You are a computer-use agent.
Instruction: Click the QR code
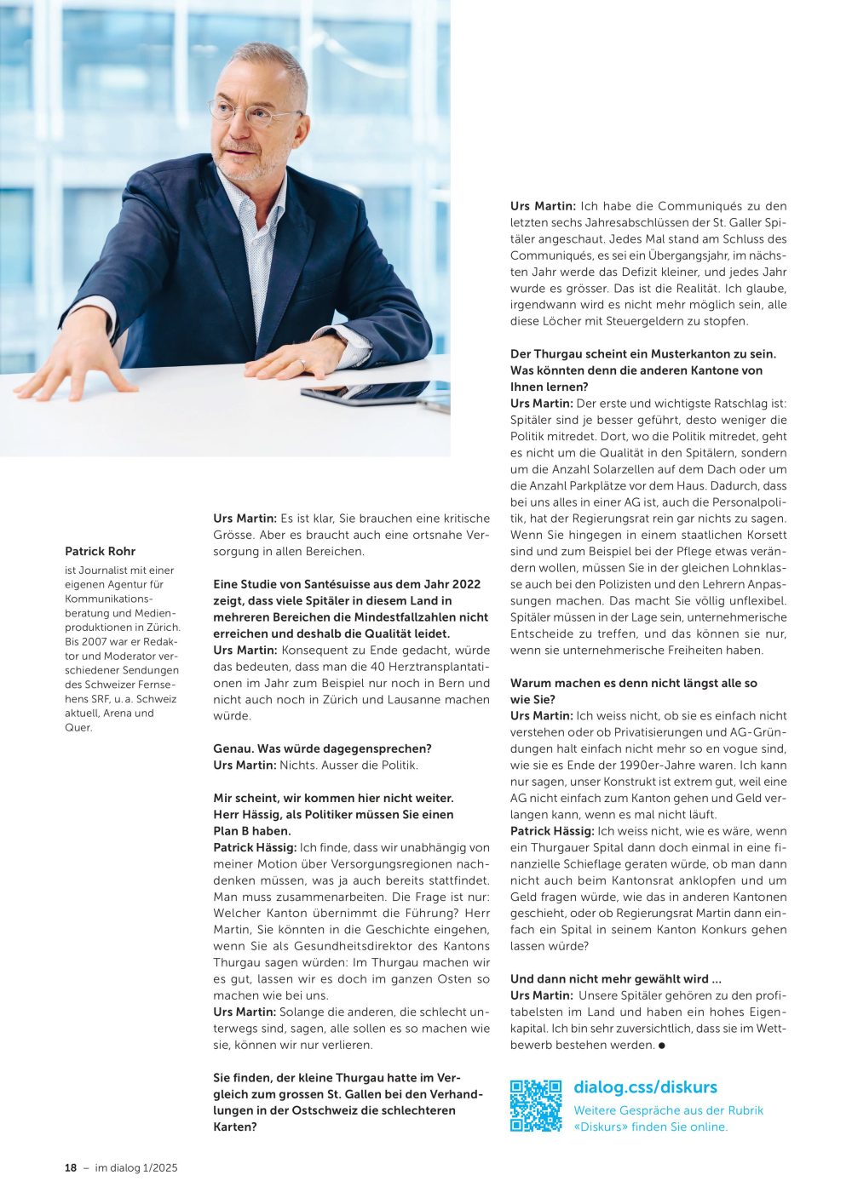(536, 1105)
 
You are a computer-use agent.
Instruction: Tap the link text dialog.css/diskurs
(645, 1087)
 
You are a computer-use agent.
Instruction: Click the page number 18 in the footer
(71, 1167)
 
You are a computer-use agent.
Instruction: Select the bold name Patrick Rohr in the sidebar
(100, 551)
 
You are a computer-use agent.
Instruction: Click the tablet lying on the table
(375, 393)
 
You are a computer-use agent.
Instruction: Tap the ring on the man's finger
(301, 364)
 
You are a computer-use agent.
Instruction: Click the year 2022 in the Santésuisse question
(468, 584)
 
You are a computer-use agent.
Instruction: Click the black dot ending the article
(662, 1045)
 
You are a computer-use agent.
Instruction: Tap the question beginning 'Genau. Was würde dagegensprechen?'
(322, 748)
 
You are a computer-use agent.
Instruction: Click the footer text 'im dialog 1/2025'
(136, 1167)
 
